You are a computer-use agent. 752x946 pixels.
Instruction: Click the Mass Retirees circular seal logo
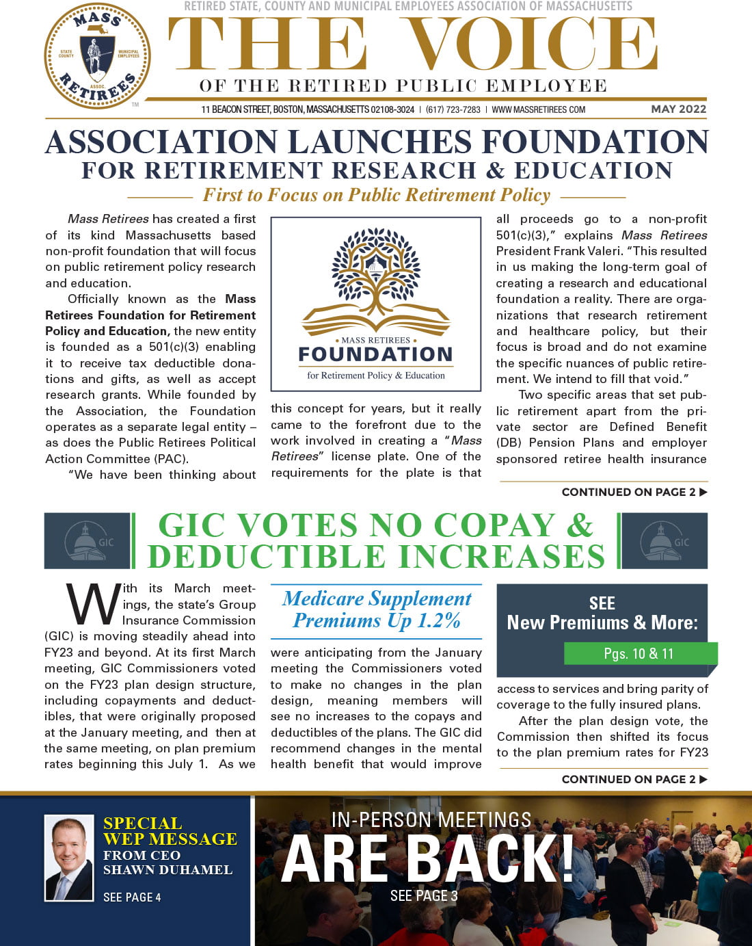pyautogui.click(x=97, y=56)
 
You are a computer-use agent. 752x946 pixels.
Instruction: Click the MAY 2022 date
pyautogui.click(x=678, y=109)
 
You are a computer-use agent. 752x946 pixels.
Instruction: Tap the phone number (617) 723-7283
pyautogui.click(x=453, y=109)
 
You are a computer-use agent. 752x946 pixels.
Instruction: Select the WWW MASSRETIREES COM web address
pyautogui.click(x=538, y=109)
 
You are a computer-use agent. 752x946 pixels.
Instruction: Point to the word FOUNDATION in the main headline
pyautogui.click(x=595, y=142)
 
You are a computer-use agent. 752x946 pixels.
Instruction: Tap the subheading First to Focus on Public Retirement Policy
pyautogui.click(x=376, y=196)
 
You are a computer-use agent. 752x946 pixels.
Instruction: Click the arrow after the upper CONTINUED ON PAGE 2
pyautogui.click(x=703, y=492)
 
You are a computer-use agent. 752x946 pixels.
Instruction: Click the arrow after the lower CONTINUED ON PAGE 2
pyautogui.click(x=703, y=779)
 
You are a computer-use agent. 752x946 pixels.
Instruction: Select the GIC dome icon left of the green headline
pyautogui.click(x=87, y=541)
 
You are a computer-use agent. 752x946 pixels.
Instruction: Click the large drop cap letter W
pyautogui.click(x=93, y=605)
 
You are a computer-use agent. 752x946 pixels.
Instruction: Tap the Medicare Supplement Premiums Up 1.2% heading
pyautogui.click(x=376, y=609)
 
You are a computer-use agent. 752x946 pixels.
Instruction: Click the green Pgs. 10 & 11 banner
pyautogui.click(x=639, y=654)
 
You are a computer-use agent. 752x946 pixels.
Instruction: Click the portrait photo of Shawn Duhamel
pyautogui.click(x=69, y=857)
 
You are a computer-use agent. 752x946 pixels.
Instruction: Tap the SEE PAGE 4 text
pyautogui.click(x=132, y=897)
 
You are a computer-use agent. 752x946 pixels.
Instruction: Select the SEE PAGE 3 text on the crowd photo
pyautogui.click(x=424, y=895)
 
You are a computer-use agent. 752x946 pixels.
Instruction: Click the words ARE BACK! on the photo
pyautogui.click(x=427, y=858)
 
